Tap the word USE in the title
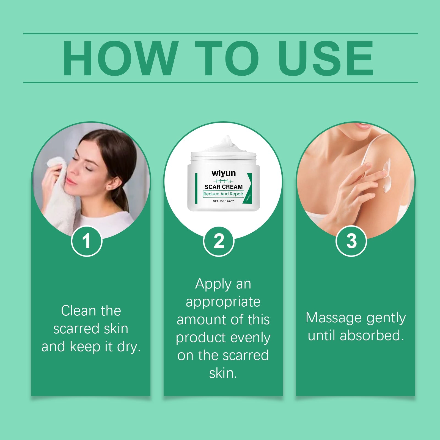[x=326, y=58]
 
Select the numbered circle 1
[x=87, y=241]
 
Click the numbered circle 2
[x=219, y=241]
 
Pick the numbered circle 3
[x=351, y=241]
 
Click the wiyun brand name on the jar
[x=224, y=173]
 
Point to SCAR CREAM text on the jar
[x=224, y=187]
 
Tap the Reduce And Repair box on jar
[x=223, y=194]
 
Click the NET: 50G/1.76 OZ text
[x=223, y=201]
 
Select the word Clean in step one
[x=78, y=311]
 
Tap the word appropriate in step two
[x=223, y=302]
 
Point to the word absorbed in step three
[x=372, y=335]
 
